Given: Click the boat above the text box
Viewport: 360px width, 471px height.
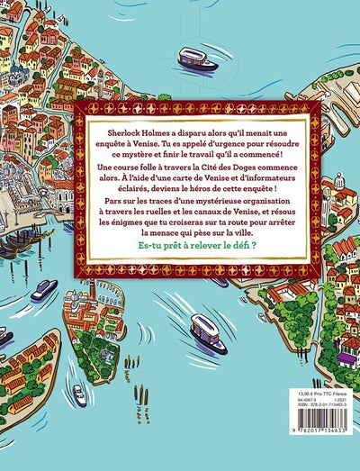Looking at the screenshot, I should coord(199,59).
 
